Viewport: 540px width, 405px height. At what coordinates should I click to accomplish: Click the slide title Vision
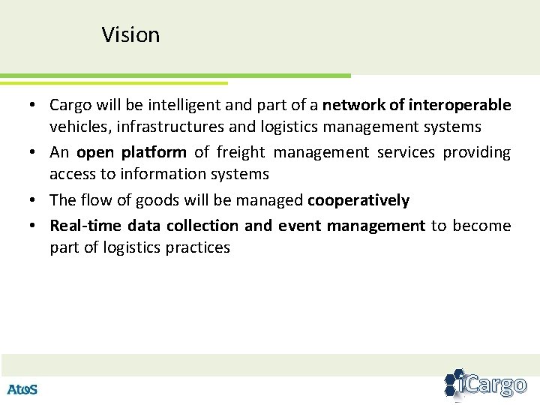click(130, 35)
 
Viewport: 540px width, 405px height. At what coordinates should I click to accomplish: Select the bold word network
click(352, 105)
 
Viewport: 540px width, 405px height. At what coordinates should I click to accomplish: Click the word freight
click(241, 152)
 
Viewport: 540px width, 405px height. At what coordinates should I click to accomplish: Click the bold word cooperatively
click(358, 200)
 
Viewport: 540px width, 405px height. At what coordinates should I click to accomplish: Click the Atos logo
click(22, 389)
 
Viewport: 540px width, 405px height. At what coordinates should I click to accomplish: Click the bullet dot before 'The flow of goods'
click(36, 200)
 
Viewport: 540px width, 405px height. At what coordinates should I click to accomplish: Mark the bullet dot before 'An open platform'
click(36, 152)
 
